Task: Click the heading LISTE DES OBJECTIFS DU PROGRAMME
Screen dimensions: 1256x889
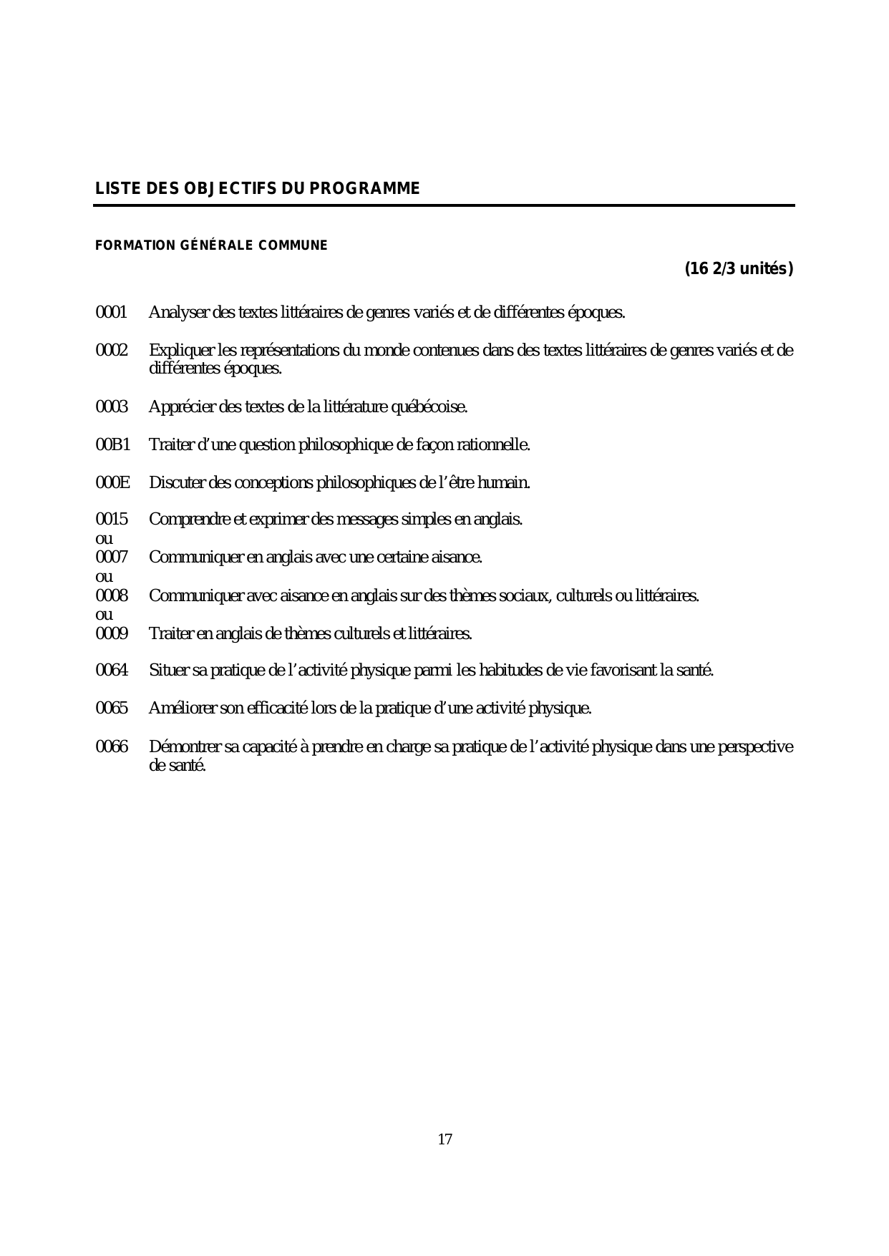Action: point(258,189)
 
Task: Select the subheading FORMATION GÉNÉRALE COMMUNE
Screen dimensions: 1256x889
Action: point(211,245)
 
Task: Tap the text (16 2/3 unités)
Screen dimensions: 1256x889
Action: point(739,269)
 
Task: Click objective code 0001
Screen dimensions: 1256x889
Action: point(111,313)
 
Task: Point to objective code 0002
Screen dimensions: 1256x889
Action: point(112,351)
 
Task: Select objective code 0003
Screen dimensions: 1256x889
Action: point(112,407)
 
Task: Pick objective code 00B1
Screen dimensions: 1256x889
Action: point(113,445)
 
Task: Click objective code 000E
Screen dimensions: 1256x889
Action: point(113,483)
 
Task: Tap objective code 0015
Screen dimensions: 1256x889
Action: point(112,520)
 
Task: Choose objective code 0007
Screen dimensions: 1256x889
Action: point(112,557)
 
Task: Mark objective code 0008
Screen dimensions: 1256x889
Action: point(112,595)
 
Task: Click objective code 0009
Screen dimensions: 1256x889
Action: point(112,633)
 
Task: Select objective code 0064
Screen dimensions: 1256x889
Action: point(112,671)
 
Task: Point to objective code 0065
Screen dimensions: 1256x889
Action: point(112,709)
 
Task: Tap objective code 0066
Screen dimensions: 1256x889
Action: point(112,747)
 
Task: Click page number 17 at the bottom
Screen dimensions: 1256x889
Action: point(444,1139)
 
